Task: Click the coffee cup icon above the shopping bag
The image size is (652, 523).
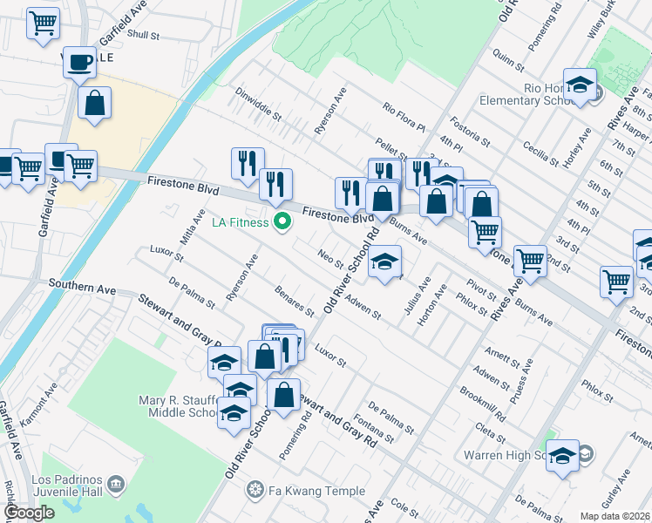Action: (x=80, y=63)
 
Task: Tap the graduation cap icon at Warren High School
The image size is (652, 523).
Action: (x=563, y=456)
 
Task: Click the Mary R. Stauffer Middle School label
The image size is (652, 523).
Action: (x=177, y=406)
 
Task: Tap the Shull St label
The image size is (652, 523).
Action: (x=144, y=36)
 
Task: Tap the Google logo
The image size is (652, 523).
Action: (x=30, y=513)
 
